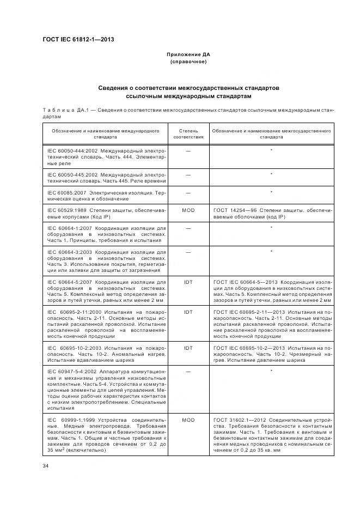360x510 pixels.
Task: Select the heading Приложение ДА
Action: (188, 55)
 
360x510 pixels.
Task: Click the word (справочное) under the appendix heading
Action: (188, 62)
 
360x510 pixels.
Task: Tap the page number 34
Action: (45, 465)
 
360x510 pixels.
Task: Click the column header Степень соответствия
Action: (188, 134)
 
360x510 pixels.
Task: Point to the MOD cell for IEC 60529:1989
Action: (188, 209)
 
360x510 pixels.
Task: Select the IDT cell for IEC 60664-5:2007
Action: (188, 282)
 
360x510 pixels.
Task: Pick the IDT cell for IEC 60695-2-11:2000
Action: (188, 312)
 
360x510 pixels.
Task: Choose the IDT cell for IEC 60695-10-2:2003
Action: (188, 348)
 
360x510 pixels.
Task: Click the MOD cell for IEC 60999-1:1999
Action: (188, 421)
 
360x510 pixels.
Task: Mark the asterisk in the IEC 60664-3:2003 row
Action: (271, 251)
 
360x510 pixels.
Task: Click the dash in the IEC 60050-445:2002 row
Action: (188, 175)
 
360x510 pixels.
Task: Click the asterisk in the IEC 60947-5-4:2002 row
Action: (271, 371)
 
